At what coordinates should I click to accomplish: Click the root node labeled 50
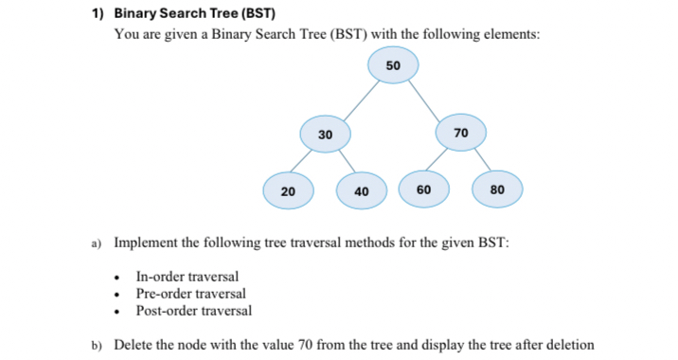click(394, 65)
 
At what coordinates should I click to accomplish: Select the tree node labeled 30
click(325, 135)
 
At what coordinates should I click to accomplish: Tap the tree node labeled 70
click(461, 132)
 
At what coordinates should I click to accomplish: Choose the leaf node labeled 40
click(361, 191)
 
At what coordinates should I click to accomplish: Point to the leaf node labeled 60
click(424, 189)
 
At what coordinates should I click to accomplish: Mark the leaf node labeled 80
click(497, 190)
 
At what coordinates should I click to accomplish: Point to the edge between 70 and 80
click(480, 161)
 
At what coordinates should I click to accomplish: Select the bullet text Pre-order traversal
click(191, 294)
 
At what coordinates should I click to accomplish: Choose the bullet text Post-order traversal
click(194, 311)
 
